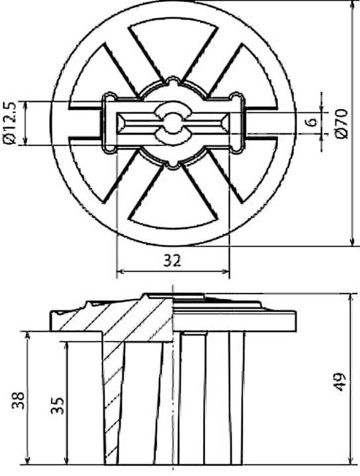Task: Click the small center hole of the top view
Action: (x=172, y=122)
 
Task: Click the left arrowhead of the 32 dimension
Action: (x=119, y=271)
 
